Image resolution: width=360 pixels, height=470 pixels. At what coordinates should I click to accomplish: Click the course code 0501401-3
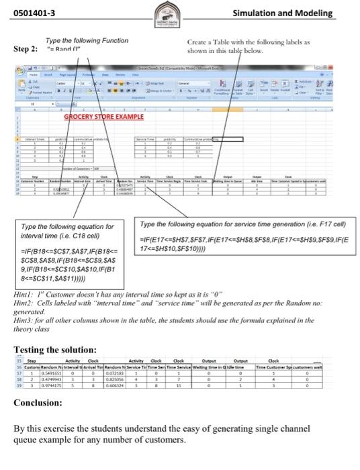(x=34, y=13)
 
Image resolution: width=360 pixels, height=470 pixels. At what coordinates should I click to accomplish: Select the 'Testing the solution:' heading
(x=56, y=350)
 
